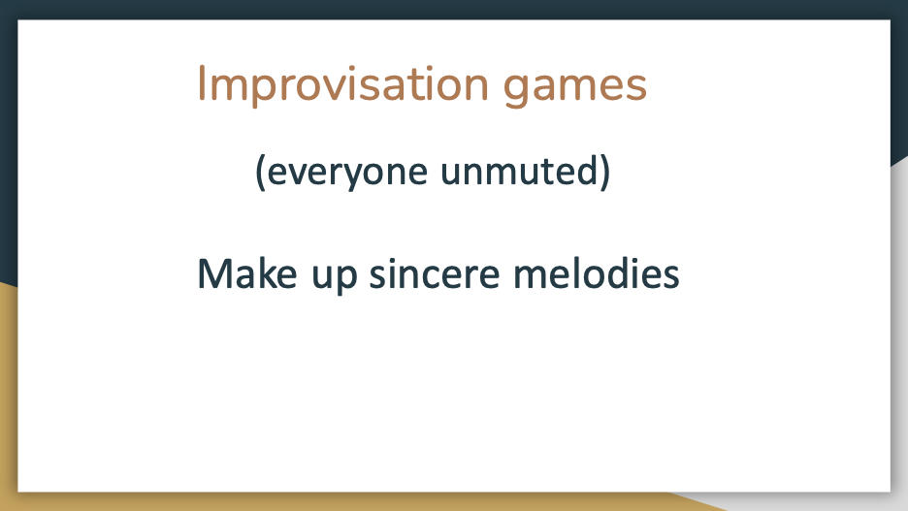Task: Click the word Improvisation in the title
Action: tap(343, 85)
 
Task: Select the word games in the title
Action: tap(574, 88)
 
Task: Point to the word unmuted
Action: tap(518, 172)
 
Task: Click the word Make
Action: tap(247, 273)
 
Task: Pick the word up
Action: tap(335, 277)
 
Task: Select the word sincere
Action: tap(435, 274)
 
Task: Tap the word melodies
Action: tap(597, 273)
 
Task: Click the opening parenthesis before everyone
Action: tap(260, 172)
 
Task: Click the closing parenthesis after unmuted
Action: tap(604, 172)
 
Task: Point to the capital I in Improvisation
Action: tap(202, 83)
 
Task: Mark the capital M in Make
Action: tap(214, 273)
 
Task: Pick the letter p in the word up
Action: tap(346, 279)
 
